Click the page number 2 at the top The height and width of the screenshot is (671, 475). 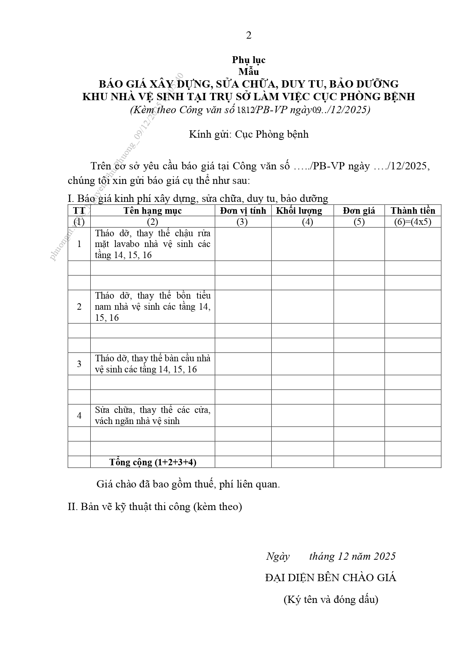tap(249, 36)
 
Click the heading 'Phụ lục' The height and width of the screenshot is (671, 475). tap(248, 60)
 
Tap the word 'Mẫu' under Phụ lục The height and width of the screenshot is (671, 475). tap(248, 71)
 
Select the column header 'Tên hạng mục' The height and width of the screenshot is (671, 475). tap(152, 211)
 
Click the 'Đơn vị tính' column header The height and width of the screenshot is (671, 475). tap(243, 211)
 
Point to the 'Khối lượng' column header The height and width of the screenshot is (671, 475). tap(299, 211)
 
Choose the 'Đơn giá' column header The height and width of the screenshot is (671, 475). tap(359, 211)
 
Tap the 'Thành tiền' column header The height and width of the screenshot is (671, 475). tap(413, 211)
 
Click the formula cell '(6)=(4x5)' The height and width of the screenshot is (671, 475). tap(413, 222)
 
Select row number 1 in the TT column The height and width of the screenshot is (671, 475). tap(79, 244)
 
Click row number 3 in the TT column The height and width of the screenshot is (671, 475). tap(79, 364)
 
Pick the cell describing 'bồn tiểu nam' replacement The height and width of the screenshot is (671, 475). tap(152, 307)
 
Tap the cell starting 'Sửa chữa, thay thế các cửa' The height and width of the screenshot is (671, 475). tap(152, 415)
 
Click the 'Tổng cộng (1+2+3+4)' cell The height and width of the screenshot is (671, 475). tap(152, 462)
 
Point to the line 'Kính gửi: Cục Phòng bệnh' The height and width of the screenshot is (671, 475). tap(248, 135)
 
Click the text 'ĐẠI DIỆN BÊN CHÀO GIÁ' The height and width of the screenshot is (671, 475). tap(330, 578)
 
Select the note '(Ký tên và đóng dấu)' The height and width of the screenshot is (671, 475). tap(330, 600)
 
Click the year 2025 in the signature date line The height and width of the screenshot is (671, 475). tap(385, 556)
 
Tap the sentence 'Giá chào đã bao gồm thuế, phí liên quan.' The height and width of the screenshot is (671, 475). tap(188, 484)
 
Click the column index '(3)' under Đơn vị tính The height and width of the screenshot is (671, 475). tap(242, 222)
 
